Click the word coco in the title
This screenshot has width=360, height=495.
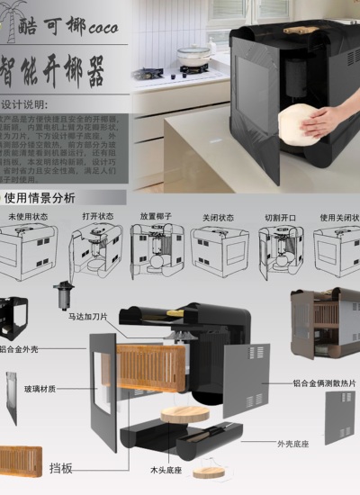tap(106, 27)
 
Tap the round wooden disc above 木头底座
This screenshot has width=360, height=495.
tap(186, 415)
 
